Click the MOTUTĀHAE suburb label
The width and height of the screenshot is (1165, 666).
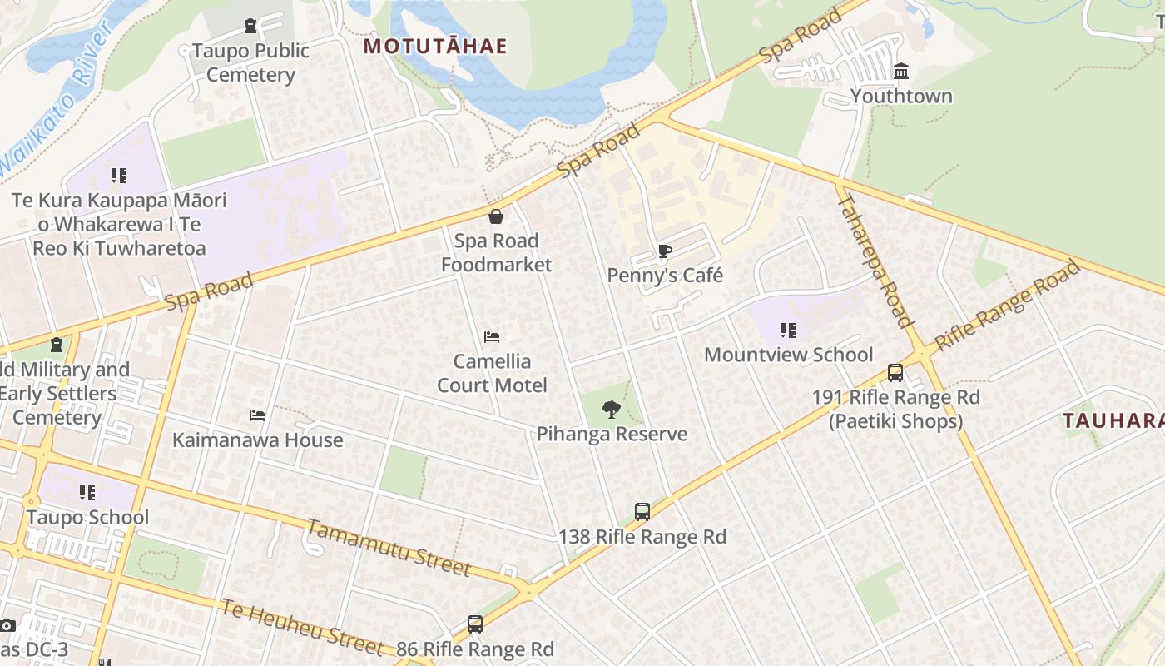point(434,46)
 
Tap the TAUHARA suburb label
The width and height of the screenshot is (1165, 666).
point(1113,420)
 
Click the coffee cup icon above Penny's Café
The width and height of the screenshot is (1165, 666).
point(664,251)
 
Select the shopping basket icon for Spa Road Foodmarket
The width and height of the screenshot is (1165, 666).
point(496,216)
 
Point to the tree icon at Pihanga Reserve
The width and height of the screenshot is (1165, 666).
point(612,409)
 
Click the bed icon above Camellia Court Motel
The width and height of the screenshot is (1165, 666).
point(492,337)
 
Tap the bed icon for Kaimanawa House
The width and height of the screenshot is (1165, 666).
point(257,415)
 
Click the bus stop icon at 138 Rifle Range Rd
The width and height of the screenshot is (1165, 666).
point(642,511)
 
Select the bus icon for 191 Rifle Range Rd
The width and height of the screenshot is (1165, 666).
point(895,372)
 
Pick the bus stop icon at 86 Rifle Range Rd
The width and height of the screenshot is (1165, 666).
point(474,624)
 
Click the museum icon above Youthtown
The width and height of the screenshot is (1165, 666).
point(901,72)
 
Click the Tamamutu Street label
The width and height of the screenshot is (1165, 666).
point(389,548)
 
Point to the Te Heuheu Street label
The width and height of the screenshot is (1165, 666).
point(301,626)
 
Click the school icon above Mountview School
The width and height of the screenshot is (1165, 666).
point(788,331)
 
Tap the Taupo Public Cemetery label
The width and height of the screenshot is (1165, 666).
point(250,62)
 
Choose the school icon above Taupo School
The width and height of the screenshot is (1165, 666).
point(87,493)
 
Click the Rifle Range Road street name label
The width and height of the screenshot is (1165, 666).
point(1007,306)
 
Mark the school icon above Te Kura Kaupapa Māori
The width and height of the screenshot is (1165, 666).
point(119,176)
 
